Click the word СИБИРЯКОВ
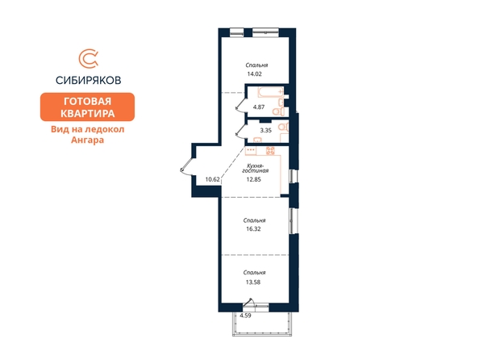pyautogui.click(x=88, y=80)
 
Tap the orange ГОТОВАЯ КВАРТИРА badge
pyautogui.click(x=87, y=107)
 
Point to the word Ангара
pyautogui.click(x=87, y=140)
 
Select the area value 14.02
pyautogui.click(x=255, y=73)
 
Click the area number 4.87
pyautogui.click(x=259, y=107)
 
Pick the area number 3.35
pyautogui.click(x=266, y=130)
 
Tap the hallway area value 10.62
pyautogui.click(x=213, y=179)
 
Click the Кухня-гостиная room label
pyautogui.click(x=256, y=168)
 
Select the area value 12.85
pyautogui.click(x=254, y=179)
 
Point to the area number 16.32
pyautogui.click(x=253, y=228)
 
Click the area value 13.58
pyautogui.click(x=253, y=283)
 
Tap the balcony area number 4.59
pyautogui.click(x=246, y=316)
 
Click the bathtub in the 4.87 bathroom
pyautogui.click(x=271, y=92)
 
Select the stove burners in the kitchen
pyautogui.click(x=270, y=150)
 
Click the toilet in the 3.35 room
pyautogui.click(x=284, y=127)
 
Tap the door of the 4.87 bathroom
pyautogui.click(x=240, y=103)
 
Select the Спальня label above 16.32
pyautogui.click(x=255, y=220)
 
